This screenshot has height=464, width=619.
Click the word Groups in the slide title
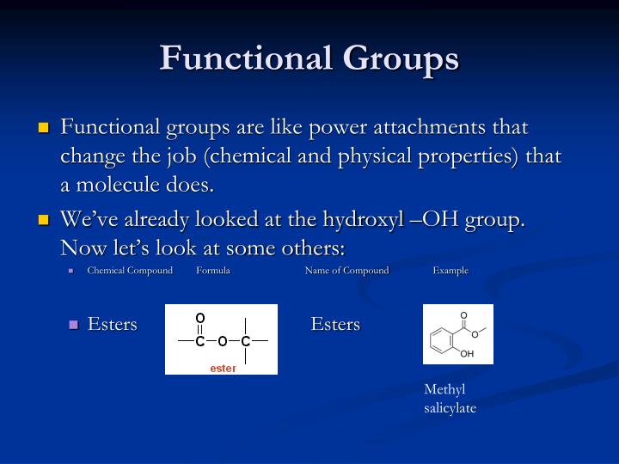point(401,58)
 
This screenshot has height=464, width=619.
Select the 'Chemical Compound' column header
point(129,271)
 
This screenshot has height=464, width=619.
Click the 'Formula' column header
point(212,271)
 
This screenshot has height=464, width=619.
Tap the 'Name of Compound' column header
point(346,271)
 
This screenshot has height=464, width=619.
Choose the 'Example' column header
point(450,271)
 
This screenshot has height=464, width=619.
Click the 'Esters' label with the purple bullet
point(113,324)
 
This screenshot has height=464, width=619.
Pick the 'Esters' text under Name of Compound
point(335,324)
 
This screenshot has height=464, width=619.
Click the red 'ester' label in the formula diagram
point(223,368)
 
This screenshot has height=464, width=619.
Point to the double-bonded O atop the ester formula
point(200,318)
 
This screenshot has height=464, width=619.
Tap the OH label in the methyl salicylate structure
point(467,354)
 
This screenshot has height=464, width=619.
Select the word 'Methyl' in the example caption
point(444,390)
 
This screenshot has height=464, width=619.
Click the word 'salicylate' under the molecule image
point(450,408)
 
